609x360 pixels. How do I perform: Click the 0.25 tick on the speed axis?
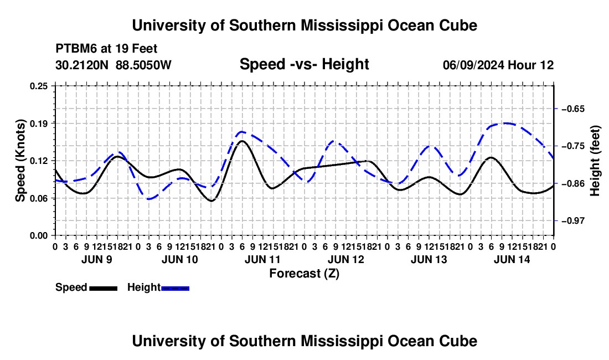pyautogui.click(x=39, y=86)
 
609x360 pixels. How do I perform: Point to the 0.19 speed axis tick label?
pyautogui.click(x=39, y=124)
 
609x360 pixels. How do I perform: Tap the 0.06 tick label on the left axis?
pyautogui.click(x=39, y=198)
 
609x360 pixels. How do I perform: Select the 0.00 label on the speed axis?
pyautogui.click(x=39, y=236)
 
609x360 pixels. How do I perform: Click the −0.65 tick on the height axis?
pyautogui.click(x=573, y=109)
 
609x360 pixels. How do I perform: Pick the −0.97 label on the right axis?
pyautogui.click(x=573, y=220)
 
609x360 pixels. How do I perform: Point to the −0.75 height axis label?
pyautogui.click(x=573, y=146)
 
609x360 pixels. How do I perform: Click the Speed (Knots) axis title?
pyautogui.click(x=20, y=161)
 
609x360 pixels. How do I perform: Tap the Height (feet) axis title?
pyautogui.click(x=595, y=161)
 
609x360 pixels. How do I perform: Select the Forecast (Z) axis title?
pyautogui.click(x=304, y=274)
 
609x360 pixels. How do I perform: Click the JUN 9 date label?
pyautogui.click(x=97, y=259)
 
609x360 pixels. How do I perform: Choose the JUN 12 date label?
pyautogui.click(x=346, y=259)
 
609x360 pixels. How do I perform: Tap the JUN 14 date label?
pyautogui.click(x=512, y=259)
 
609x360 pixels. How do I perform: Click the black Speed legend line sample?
pyautogui.click(x=104, y=288)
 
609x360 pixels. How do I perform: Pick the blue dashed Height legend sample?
pyautogui.click(x=175, y=288)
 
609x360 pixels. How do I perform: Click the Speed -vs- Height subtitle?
pyautogui.click(x=304, y=64)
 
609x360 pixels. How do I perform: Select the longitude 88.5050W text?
pyautogui.click(x=143, y=65)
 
